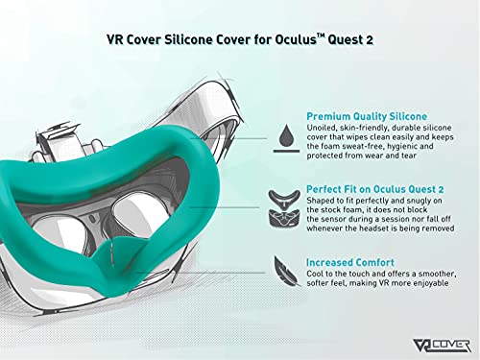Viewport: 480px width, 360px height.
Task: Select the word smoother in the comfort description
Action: (x=434, y=274)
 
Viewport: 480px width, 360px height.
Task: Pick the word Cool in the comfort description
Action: (x=316, y=274)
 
